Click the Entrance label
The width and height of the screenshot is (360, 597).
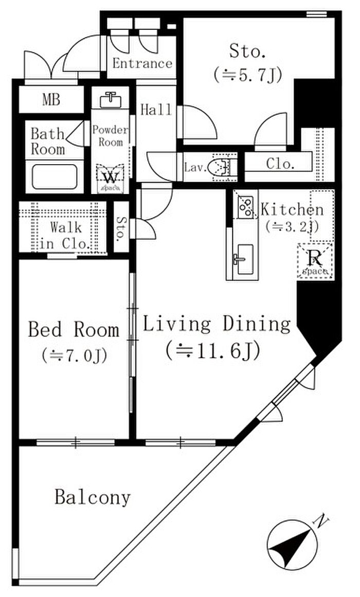[x=142, y=63]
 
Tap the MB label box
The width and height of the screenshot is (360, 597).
[x=51, y=100]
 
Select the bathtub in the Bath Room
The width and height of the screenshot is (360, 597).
[x=55, y=177]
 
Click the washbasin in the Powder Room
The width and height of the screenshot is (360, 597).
[x=111, y=100]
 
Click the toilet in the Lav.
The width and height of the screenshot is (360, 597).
[x=222, y=167]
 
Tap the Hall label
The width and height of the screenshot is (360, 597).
[x=156, y=110]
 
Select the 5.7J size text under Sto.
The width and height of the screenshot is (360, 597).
[x=247, y=75]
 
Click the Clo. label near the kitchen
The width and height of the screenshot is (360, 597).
[x=280, y=164]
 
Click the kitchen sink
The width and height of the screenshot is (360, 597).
[x=242, y=259]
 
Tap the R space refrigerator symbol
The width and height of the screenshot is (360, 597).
[x=315, y=260]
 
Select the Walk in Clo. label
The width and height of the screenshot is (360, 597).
[x=65, y=236]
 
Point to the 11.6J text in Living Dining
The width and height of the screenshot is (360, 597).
[x=213, y=350]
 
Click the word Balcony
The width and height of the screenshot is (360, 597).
[x=93, y=497]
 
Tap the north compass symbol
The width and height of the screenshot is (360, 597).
[x=292, y=545]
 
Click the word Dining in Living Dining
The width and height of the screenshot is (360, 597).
[x=257, y=325]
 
